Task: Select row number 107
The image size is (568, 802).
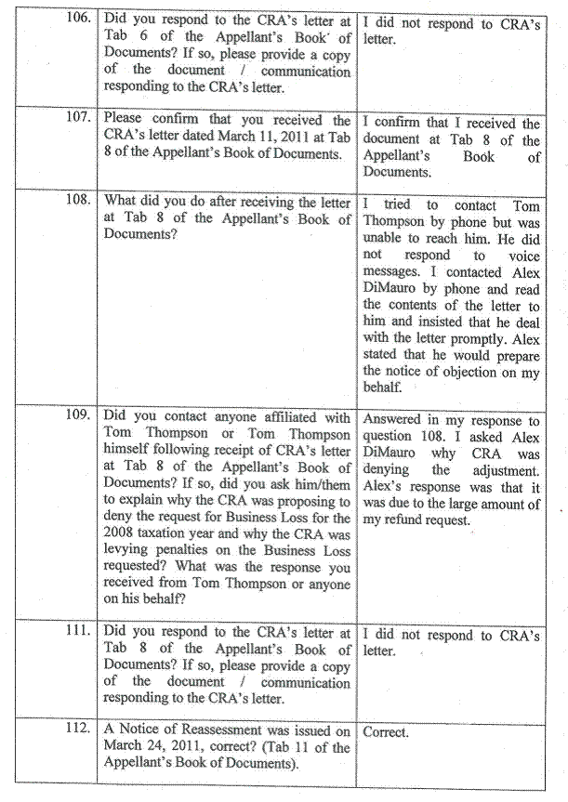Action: click(81, 120)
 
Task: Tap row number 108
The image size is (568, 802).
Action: click(81, 201)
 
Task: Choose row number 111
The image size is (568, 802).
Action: click(81, 633)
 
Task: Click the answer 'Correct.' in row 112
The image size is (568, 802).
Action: click(386, 731)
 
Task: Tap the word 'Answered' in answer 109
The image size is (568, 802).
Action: click(393, 421)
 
